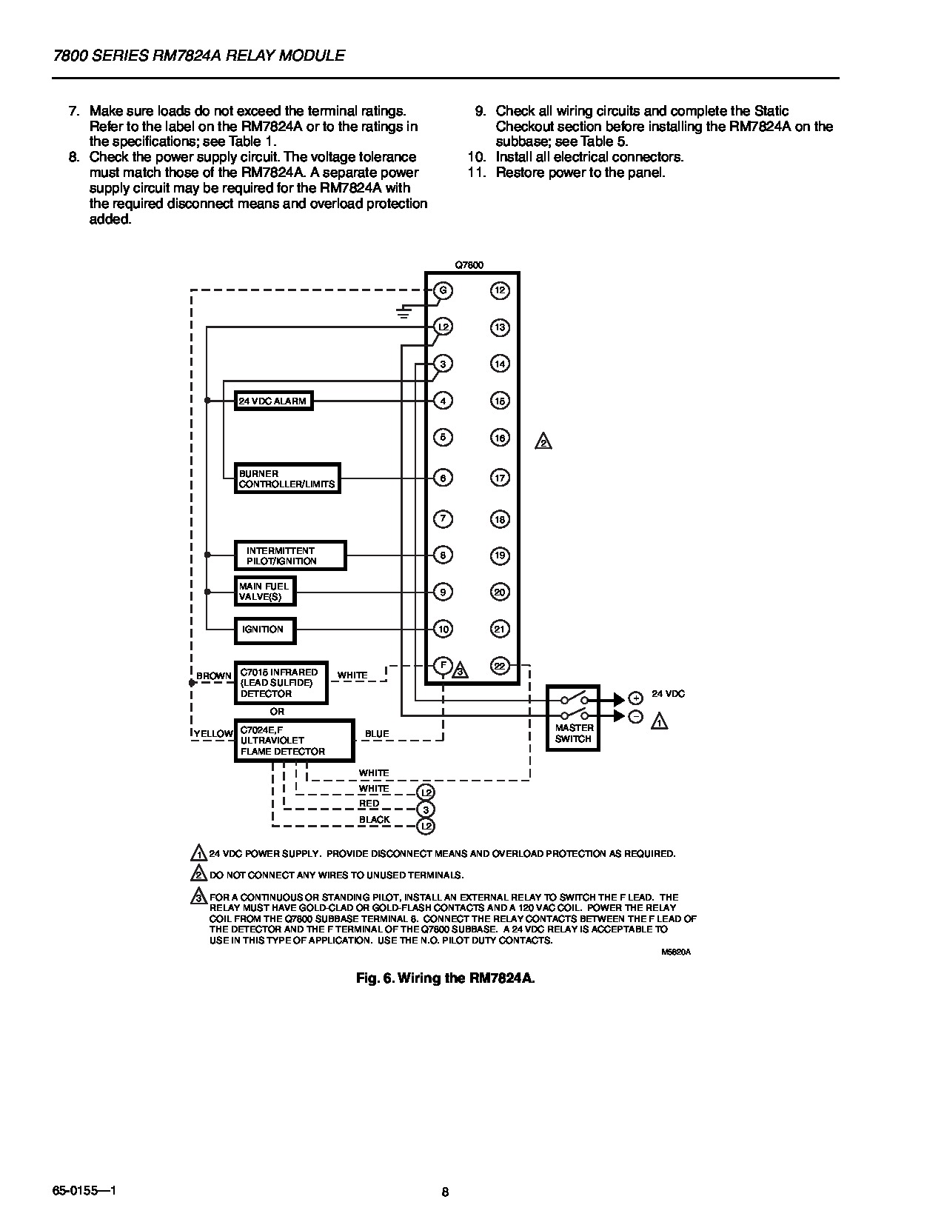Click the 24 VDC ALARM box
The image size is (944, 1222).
pos(272,401)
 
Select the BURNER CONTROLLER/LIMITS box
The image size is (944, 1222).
pos(287,478)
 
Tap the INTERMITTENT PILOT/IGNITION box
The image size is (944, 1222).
pos(290,555)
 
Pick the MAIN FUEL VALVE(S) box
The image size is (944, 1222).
pos(264,592)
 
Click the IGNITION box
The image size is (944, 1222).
pos(264,630)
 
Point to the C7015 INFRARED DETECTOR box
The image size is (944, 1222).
pos(281,683)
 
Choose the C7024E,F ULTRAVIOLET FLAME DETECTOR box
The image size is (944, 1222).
pos(294,741)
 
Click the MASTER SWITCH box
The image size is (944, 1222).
pos(573,717)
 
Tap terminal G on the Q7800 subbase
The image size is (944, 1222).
pos(443,290)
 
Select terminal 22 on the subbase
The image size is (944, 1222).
pos(500,666)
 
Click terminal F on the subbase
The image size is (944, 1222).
pos(443,665)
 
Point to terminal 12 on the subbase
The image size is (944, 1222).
pos(500,290)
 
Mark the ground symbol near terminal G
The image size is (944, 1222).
pos(404,312)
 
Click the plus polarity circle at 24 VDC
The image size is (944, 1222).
pos(635,698)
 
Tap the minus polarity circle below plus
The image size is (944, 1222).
pos(635,716)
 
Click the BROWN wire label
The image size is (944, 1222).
pos(214,676)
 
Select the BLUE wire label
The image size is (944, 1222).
pos(377,734)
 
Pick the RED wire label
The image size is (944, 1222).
pos(369,804)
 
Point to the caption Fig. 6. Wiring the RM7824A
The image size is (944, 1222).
pos(445,978)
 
